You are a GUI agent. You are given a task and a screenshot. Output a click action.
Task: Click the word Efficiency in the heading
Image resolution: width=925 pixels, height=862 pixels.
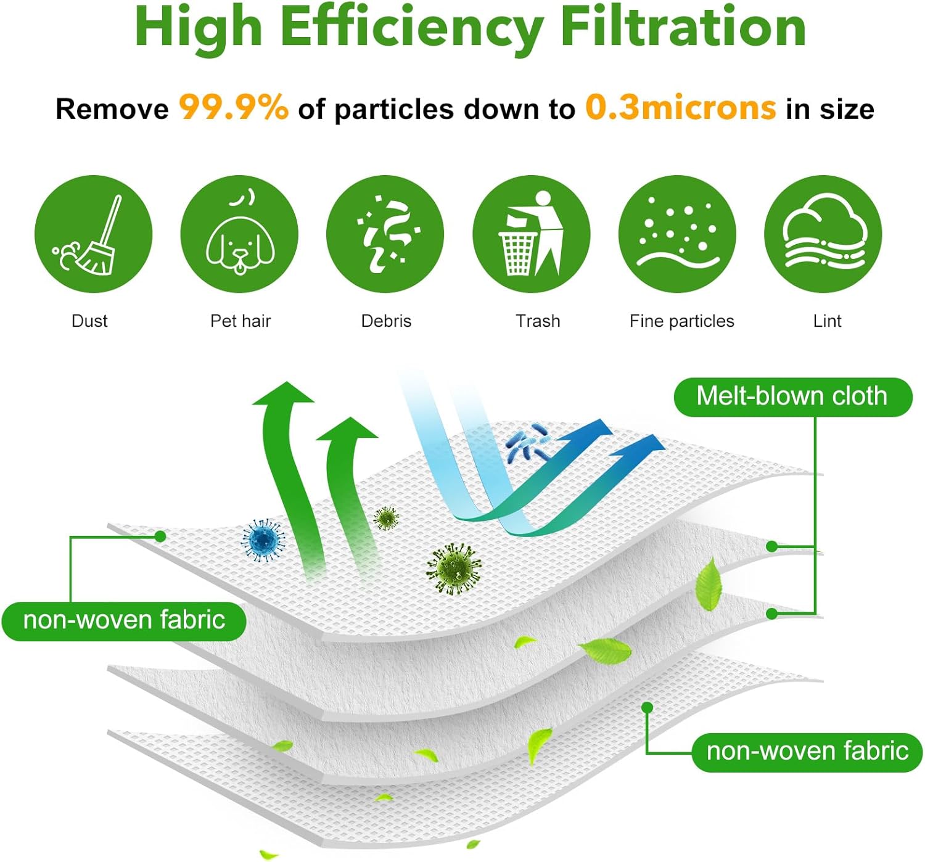(x=411, y=28)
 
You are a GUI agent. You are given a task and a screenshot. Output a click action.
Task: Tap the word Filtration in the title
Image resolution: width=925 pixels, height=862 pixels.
(x=683, y=28)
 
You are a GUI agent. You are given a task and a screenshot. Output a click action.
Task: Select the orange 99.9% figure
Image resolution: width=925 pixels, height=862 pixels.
(x=233, y=107)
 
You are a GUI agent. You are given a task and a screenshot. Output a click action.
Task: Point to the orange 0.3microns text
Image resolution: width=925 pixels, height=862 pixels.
(x=680, y=107)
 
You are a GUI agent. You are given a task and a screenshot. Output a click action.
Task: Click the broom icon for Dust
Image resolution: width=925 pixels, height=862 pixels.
(x=93, y=234)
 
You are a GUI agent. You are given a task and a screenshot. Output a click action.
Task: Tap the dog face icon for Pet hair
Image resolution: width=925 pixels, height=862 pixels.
(x=239, y=234)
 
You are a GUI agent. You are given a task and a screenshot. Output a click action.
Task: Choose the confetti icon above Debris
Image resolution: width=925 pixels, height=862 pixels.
(x=385, y=234)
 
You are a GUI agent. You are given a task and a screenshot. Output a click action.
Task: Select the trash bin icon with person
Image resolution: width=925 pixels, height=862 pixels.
(x=531, y=234)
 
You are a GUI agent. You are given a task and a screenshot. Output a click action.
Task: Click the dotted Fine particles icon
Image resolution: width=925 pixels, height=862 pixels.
(x=677, y=234)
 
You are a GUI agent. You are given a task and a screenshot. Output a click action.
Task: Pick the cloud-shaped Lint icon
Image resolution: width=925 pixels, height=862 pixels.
(x=823, y=234)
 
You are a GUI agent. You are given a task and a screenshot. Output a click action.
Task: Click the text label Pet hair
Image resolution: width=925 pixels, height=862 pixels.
(x=240, y=321)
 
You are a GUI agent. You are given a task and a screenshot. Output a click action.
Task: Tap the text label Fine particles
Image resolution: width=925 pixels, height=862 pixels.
(x=681, y=321)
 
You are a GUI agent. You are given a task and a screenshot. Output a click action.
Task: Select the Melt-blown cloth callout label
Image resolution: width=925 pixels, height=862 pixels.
(x=792, y=396)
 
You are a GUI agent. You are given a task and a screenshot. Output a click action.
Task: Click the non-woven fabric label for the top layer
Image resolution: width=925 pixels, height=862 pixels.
(x=124, y=620)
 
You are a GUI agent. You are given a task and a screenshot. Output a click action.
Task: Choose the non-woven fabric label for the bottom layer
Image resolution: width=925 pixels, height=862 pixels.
(x=807, y=752)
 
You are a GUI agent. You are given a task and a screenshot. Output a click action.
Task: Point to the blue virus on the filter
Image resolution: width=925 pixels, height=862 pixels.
(x=263, y=540)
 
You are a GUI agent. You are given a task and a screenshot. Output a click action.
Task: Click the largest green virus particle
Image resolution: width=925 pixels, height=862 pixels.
(x=454, y=568)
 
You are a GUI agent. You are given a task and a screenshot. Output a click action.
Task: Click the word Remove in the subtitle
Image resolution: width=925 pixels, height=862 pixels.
(x=112, y=110)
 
